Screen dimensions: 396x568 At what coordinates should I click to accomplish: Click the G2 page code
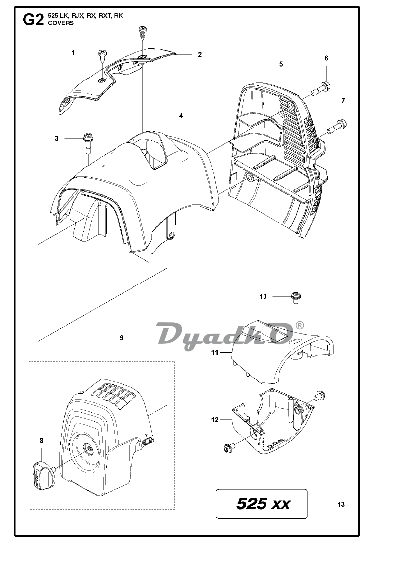[x=33, y=19]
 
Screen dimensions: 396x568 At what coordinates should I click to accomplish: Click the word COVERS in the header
[x=61, y=23]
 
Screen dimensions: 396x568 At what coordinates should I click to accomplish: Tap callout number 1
[x=73, y=53]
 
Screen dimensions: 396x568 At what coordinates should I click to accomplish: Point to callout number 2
[x=199, y=54]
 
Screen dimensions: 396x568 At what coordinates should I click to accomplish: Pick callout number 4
[x=181, y=116]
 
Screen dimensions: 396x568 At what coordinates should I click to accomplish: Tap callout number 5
[x=281, y=64]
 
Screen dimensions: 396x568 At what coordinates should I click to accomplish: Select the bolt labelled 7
[x=337, y=125]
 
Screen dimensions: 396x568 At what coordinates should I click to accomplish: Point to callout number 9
[x=122, y=338]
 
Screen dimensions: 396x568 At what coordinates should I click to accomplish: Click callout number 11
[x=215, y=352]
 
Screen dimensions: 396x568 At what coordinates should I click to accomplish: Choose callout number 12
[x=215, y=420]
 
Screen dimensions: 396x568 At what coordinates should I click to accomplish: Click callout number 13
[x=341, y=504]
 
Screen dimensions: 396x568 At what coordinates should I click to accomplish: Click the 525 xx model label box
[x=262, y=504]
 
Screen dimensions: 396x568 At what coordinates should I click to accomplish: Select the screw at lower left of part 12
[x=228, y=448]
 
